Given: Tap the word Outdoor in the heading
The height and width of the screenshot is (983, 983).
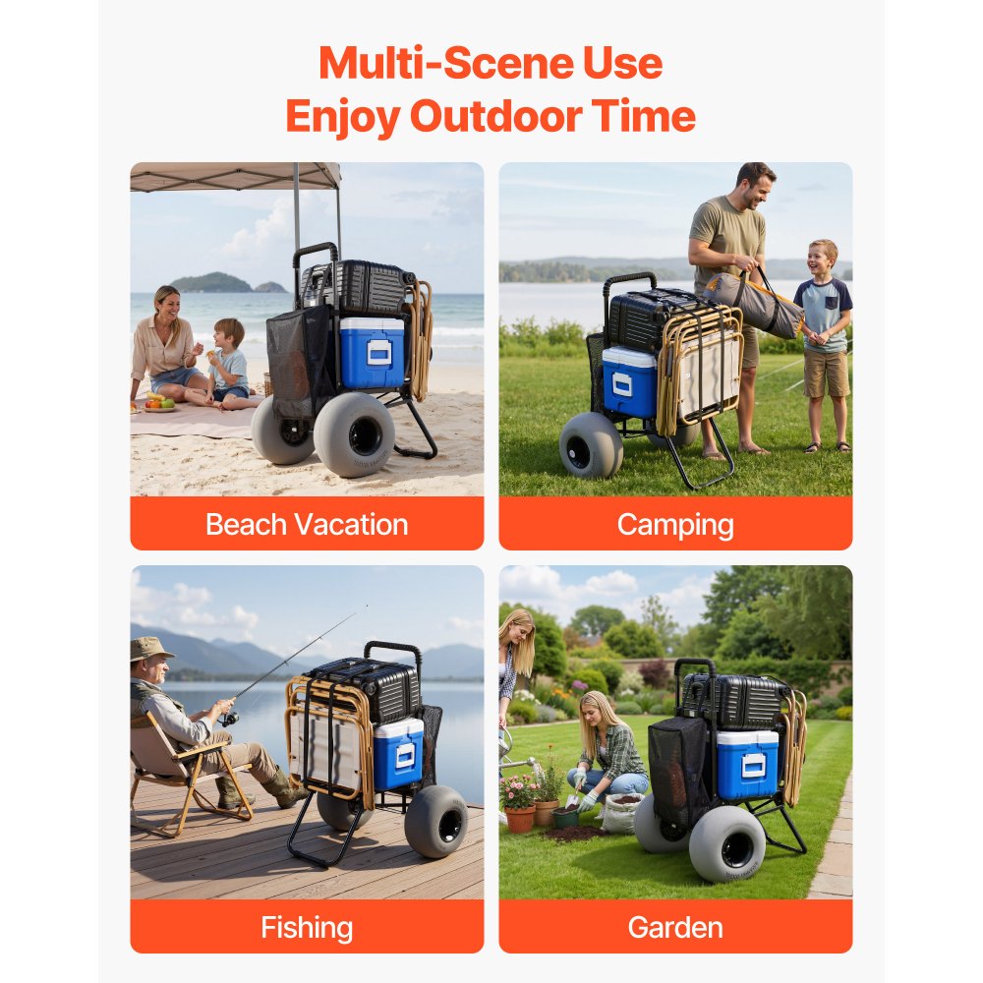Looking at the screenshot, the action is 495,117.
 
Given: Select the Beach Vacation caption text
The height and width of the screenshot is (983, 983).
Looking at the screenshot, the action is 307,525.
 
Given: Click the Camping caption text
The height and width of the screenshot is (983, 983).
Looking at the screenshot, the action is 675,525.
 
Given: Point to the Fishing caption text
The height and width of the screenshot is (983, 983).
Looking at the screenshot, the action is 307,928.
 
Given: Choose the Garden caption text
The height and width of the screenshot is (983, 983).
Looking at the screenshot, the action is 675,928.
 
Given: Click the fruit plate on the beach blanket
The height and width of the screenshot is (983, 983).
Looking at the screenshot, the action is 159,403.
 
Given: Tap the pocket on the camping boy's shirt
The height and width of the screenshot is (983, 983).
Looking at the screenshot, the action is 831,303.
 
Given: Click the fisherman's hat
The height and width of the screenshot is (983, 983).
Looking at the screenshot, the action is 149,649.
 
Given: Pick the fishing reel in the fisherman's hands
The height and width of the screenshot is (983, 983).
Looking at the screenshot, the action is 228,718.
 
